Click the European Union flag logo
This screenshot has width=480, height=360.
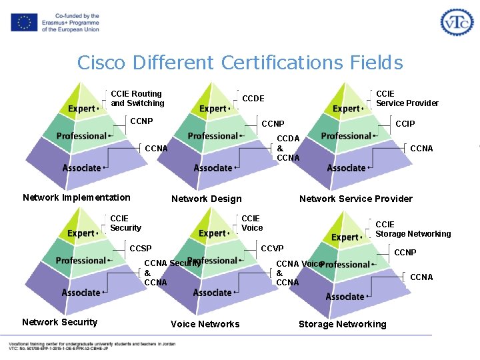click(x=24, y=23)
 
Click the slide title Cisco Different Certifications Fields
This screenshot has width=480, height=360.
click(x=240, y=63)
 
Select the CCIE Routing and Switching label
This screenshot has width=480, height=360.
click(x=137, y=99)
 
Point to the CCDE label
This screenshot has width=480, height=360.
click(x=253, y=99)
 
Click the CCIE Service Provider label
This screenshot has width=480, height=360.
click(x=407, y=99)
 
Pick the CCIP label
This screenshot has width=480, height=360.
click(x=405, y=124)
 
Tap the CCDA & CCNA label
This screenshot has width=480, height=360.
click(x=288, y=148)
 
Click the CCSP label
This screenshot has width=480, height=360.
click(x=141, y=249)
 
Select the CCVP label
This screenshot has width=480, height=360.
click(x=272, y=249)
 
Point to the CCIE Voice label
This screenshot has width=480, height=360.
click(x=252, y=223)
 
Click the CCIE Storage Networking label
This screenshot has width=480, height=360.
click(x=413, y=229)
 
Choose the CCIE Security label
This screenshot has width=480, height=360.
click(x=125, y=223)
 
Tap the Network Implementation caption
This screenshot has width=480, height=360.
click(x=77, y=197)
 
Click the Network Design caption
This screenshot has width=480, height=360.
click(x=207, y=199)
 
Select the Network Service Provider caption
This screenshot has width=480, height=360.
click(x=356, y=199)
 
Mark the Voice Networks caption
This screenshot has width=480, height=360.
click(x=205, y=324)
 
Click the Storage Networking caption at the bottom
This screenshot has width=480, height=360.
click(x=342, y=324)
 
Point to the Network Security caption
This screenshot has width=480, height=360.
click(x=60, y=322)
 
